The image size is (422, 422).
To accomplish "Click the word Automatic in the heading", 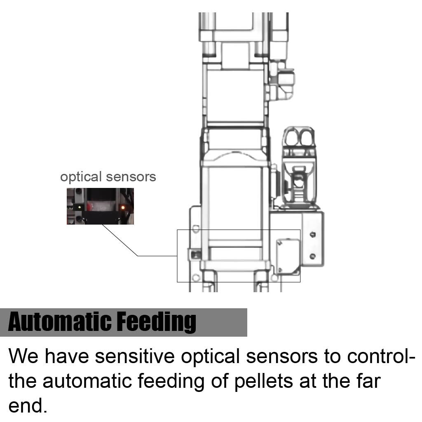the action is pyautogui.click(x=60, y=321).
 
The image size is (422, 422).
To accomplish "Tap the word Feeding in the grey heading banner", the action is pyautogui.click(x=157, y=322).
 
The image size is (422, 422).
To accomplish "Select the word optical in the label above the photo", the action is pyautogui.click(x=81, y=177).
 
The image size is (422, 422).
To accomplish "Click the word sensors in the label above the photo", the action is pyautogui.click(x=131, y=177).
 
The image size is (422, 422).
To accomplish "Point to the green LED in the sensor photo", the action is pyautogui.click(x=79, y=207).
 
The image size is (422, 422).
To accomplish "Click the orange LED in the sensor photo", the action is pyautogui.click(x=123, y=208).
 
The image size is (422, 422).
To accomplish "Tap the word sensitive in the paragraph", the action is pyautogui.click(x=135, y=356).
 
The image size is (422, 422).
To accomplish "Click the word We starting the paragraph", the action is pyautogui.click(x=23, y=356).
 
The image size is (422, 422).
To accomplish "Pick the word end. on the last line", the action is pyautogui.click(x=28, y=406).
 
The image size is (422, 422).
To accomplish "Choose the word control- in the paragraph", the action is pyautogui.click(x=381, y=356).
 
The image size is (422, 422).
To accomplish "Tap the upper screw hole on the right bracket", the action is pyautogui.click(x=312, y=234).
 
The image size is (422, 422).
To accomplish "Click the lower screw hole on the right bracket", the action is pyautogui.click(x=312, y=256).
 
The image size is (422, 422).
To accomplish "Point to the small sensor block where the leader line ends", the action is pyautogui.click(x=195, y=254).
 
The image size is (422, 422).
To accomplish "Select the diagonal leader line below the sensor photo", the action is pyautogui.click(x=120, y=240).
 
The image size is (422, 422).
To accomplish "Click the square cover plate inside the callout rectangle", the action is pyautogui.click(x=288, y=256).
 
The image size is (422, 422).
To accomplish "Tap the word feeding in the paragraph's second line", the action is pyautogui.click(x=171, y=381).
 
